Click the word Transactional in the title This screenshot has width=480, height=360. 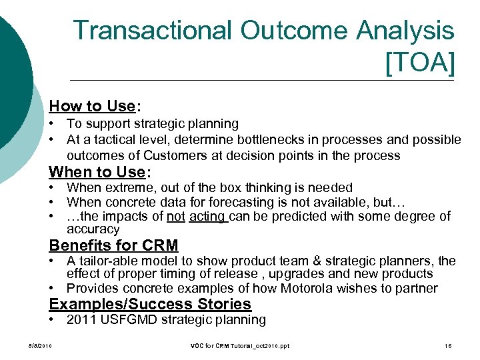(153, 31)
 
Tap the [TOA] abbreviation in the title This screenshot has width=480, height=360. (420, 63)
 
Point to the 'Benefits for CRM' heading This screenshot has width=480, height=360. (113, 245)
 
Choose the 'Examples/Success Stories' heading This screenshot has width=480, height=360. (150, 304)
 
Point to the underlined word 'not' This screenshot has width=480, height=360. (175, 216)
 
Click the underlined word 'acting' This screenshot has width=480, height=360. (208, 216)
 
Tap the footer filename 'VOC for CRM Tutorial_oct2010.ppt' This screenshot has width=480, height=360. (239, 345)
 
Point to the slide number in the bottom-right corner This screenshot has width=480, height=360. (448, 345)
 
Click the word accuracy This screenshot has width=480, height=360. (93, 229)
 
